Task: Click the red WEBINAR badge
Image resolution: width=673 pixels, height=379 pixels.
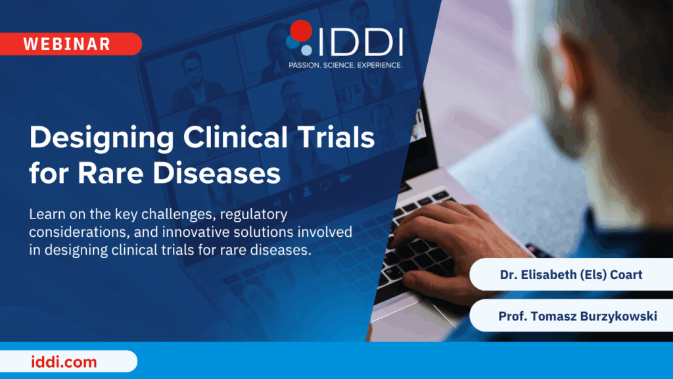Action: click(x=71, y=44)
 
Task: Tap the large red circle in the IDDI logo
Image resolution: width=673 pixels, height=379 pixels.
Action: click(x=301, y=31)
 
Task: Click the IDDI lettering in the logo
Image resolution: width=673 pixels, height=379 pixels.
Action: click(x=361, y=42)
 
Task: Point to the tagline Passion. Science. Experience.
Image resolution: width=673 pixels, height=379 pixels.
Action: click(x=345, y=65)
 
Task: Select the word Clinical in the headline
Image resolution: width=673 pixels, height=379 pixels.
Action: click(x=236, y=138)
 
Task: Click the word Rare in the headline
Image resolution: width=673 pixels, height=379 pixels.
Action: click(x=110, y=173)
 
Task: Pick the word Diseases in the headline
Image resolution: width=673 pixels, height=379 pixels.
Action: click(x=217, y=173)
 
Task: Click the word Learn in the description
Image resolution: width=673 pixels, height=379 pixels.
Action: click(x=47, y=214)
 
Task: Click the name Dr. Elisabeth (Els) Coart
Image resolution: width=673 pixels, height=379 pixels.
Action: click(x=571, y=274)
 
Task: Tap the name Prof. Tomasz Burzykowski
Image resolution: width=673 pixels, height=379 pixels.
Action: click(x=578, y=316)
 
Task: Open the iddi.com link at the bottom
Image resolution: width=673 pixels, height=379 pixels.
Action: click(x=64, y=362)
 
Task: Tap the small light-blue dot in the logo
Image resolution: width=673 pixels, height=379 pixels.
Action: click(x=306, y=50)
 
